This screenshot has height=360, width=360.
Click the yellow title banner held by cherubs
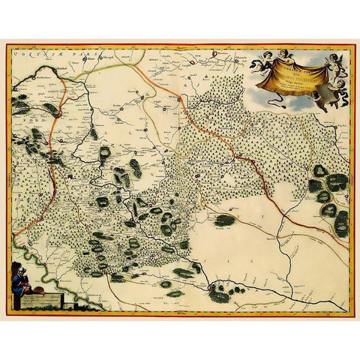pos(294,76)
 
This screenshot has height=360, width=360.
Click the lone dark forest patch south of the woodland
pos(224,220)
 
